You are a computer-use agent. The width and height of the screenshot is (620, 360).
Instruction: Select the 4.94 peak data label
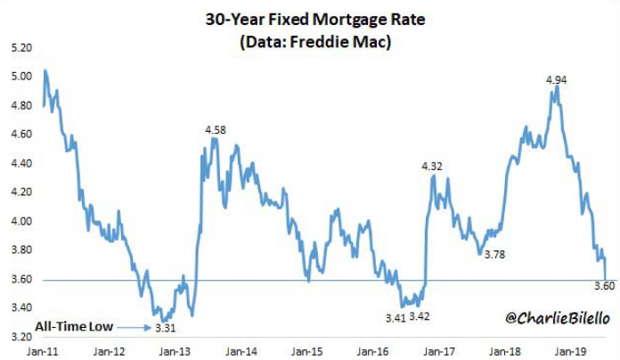click(x=557, y=80)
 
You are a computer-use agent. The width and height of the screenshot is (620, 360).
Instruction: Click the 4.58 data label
click(x=216, y=130)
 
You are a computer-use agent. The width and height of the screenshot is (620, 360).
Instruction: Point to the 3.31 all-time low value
click(x=165, y=328)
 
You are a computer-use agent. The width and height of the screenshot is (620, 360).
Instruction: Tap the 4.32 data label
click(x=432, y=166)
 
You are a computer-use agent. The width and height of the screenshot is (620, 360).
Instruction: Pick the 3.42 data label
click(x=430, y=317)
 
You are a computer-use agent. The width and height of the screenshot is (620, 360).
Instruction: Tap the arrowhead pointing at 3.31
click(x=145, y=327)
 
